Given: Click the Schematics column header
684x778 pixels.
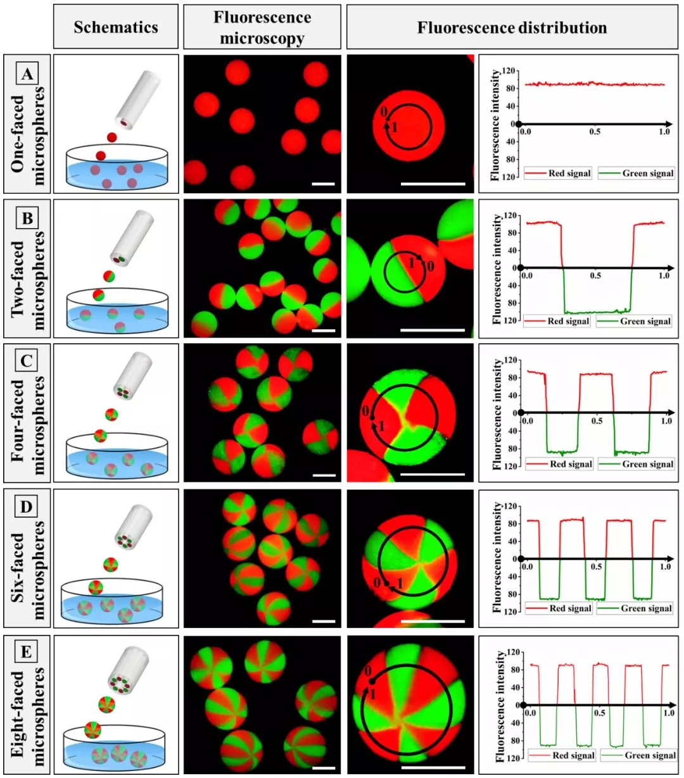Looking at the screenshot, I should click(116, 27).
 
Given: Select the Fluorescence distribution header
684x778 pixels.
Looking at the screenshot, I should click(512, 28).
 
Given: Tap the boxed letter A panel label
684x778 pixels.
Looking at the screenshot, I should click(27, 74).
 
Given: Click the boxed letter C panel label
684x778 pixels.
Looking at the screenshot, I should click(27, 361).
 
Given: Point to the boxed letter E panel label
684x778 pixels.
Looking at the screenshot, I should click(27, 651).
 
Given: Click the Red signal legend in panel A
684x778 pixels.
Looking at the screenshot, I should click(558, 173).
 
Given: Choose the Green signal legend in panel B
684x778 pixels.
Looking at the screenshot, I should click(635, 322).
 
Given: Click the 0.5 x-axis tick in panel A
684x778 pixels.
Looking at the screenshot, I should click(595, 132).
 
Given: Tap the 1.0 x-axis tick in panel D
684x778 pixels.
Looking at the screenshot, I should click(665, 567).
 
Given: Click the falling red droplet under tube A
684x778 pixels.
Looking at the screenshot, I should click(112, 137).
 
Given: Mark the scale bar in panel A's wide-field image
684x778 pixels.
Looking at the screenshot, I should click(323, 184).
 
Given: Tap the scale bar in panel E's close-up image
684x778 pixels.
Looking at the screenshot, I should click(433, 768).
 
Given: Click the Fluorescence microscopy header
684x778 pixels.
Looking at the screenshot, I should click(262, 27).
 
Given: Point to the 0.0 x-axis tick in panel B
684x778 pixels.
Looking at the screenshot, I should click(527, 276).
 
